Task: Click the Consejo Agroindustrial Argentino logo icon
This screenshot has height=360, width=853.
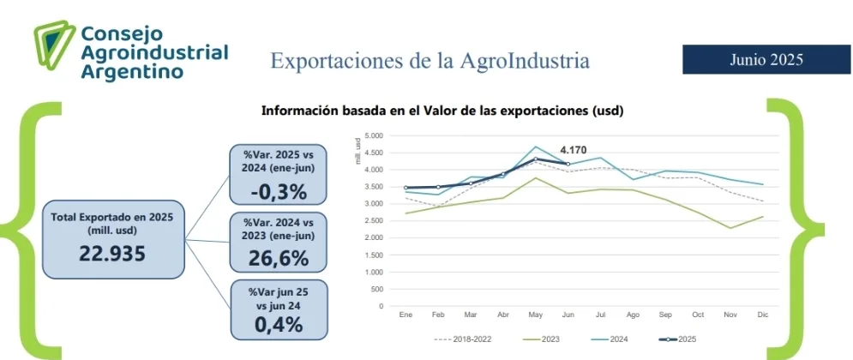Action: [x=52, y=48]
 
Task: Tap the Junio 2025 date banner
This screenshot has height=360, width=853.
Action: [x=766, y=59]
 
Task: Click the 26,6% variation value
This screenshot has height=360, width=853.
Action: [x=277, y=258]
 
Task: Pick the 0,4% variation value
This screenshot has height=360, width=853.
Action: [x=278, y=324]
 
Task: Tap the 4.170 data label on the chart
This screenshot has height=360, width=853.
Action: [x=574, y=149]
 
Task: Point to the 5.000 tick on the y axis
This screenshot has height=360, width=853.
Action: [x=373, y=136]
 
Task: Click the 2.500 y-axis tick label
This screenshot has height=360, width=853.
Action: [x=373, y=221]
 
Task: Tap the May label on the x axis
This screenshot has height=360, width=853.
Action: [x=536, y=315]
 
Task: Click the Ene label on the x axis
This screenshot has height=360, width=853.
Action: [x=405, y=315]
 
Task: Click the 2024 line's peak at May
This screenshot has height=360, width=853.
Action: [x=536, y=147]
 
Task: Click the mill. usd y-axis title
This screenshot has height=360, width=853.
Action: [x=357, y=150]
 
